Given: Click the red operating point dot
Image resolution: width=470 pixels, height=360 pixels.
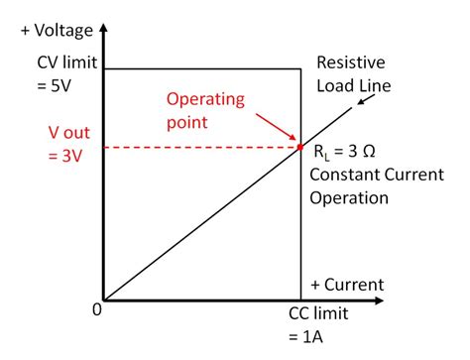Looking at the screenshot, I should coord(299,148).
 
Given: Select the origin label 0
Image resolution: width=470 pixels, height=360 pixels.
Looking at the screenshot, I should coord(96,310).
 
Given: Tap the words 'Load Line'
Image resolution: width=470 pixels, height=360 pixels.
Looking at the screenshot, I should coord(353,85).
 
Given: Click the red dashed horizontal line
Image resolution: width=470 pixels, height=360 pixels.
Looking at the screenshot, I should coord(198,148).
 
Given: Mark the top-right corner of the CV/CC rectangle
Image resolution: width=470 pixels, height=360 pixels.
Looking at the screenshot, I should coord(300,67).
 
